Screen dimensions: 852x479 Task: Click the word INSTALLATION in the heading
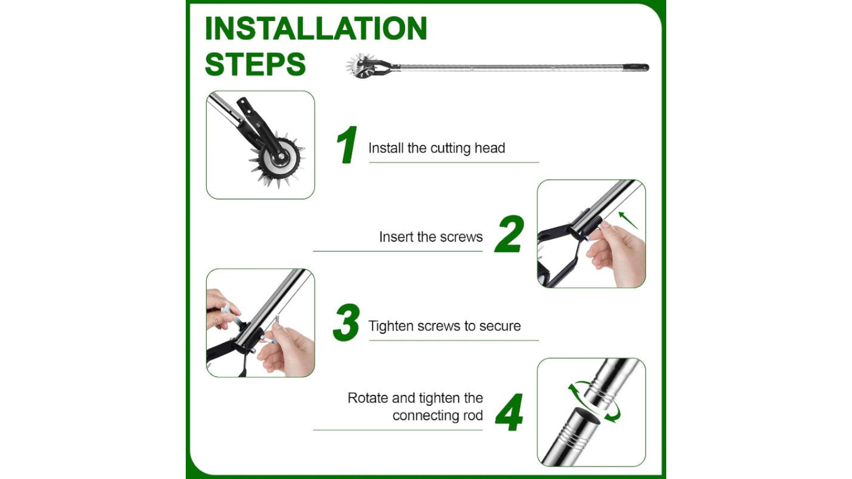(316, 28)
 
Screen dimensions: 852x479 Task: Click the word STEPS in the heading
(255, 64)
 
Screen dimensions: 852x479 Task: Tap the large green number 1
(347, 145)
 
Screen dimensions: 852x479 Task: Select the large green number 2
(509, 234)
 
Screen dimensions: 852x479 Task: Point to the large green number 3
(346, 322)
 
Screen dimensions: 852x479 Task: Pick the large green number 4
(509, 412)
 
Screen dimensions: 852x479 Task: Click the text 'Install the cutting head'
(437, 148)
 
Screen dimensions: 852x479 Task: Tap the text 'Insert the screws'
(431, 237)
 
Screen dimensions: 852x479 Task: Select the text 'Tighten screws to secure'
(445, 326)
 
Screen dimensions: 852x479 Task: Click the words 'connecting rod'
(438, 415)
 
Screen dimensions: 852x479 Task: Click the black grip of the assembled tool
(636, 68)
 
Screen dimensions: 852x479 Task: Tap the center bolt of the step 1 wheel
(281, 156)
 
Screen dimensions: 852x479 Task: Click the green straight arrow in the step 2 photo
(628, 221)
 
